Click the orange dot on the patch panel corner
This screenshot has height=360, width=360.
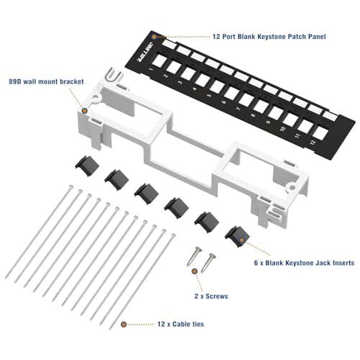coord(158,36)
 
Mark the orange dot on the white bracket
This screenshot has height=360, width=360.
coord(86,112)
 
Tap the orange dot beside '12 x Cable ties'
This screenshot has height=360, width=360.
coord(123,325)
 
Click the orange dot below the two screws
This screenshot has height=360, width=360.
coord(194,271)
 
